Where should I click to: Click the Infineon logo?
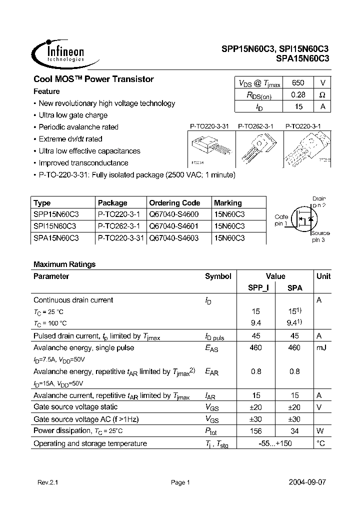58,51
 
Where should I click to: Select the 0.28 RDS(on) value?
297,94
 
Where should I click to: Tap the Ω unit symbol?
322,94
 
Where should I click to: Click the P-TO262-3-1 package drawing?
255,148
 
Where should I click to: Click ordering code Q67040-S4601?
173,226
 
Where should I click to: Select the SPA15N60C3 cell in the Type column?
56,238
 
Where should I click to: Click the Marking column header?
227,203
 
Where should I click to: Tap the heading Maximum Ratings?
64,264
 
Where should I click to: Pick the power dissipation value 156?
255,431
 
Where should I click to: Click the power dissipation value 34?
294,431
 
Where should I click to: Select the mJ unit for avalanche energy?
321,347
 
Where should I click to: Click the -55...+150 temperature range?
275,443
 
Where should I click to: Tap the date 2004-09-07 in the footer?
307,482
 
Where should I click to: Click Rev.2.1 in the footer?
48,482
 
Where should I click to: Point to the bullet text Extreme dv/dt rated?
70,139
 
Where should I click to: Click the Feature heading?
46,91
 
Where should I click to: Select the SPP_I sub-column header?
258,288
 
